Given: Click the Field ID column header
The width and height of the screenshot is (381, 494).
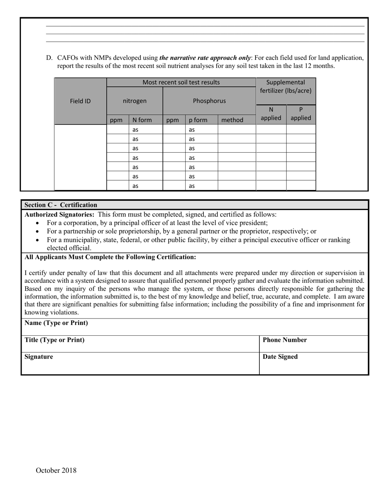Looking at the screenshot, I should pos(80,101).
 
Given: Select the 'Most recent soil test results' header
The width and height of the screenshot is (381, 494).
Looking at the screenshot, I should pos(181,82).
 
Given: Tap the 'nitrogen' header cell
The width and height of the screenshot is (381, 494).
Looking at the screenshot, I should pos(134,101).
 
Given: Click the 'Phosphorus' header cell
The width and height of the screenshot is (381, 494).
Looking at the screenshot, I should pos(209,101).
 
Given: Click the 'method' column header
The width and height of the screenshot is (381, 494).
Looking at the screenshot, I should pos(232,120).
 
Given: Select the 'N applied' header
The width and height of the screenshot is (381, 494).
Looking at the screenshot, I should pos(271,114).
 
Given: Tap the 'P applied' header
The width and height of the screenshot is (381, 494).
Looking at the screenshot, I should pos(301,114).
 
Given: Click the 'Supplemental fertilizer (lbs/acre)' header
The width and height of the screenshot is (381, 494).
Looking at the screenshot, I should pos(286,86).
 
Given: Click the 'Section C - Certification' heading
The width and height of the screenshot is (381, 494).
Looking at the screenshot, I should pos(61,205).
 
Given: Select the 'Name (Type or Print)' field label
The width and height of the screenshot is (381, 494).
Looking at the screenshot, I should pos(56,323).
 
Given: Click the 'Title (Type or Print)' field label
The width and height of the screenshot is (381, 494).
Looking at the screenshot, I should pos(55,340).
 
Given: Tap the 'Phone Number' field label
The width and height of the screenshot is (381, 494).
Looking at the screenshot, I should pos(285,340).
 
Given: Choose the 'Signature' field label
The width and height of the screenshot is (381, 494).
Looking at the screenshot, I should pos(39,357).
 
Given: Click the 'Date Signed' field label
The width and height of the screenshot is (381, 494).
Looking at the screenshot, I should pos(280,357).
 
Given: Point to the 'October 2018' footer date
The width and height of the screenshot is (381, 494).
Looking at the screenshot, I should pos(56,470).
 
